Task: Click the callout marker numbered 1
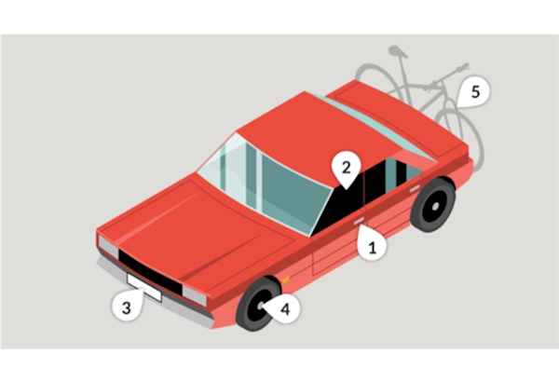372,245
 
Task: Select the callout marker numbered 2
347,168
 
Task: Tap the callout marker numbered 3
128,306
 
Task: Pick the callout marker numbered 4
284,309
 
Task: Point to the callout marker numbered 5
474,91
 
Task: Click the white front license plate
144,288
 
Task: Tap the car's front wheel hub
260,305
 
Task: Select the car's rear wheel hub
435,206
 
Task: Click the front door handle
359,221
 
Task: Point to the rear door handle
415,189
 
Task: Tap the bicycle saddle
398,51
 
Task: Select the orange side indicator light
286,280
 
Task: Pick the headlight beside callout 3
108,247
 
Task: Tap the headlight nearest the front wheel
195,295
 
